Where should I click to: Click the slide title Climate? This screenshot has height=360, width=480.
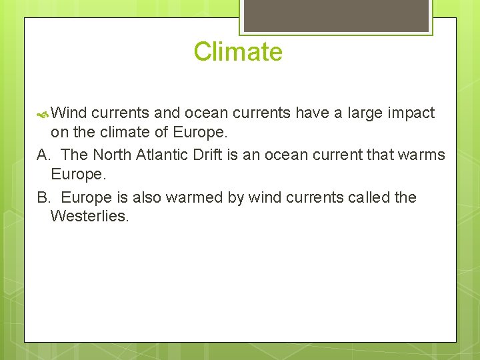coord(238,52)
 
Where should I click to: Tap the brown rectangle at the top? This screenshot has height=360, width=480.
coord(336,15)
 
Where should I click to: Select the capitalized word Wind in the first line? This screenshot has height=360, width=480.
coord(69,113)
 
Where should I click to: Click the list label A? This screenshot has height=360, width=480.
coord(44,155)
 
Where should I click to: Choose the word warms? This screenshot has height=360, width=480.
coord(422,155)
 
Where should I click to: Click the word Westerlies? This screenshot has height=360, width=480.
coord(89,215)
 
